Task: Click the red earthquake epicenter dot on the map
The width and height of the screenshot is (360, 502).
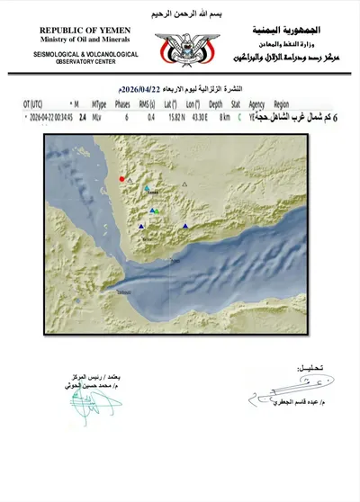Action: pyautogui.click(x=122, y=179)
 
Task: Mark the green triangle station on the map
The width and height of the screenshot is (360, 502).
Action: pyautogui.click(x=153, y=210)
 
